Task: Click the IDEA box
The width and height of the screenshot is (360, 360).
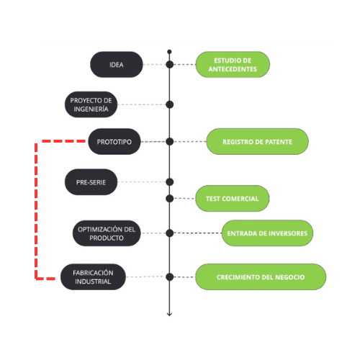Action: [x=116, y=65]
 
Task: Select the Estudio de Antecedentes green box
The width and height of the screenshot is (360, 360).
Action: [x=232, y=64]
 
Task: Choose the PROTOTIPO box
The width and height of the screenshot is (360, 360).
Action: [x=114, y=142]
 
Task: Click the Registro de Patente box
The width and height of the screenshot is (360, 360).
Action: [x=257, y=142]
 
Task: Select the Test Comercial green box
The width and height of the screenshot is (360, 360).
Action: [x=232, y=198]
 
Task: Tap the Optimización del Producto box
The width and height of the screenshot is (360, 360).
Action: [x=106, y=233]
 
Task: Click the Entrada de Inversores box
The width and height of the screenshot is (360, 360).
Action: [x=267, y=233]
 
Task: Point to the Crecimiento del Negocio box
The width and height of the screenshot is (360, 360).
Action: [x=260, y=277]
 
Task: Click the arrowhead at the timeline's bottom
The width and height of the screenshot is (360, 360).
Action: [x=169, y=313]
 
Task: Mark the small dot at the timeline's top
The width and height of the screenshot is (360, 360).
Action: [x=169, y=52]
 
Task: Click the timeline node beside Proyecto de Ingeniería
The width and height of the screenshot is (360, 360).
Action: [x=169, y=104]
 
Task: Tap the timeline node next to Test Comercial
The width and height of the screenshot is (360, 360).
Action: [x=169, y=198]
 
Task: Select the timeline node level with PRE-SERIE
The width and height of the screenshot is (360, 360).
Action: [x=169, y=181]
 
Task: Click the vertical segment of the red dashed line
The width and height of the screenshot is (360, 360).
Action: [x=35, y=209]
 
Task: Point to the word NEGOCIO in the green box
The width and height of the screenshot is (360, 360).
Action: [x=288, y=277]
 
